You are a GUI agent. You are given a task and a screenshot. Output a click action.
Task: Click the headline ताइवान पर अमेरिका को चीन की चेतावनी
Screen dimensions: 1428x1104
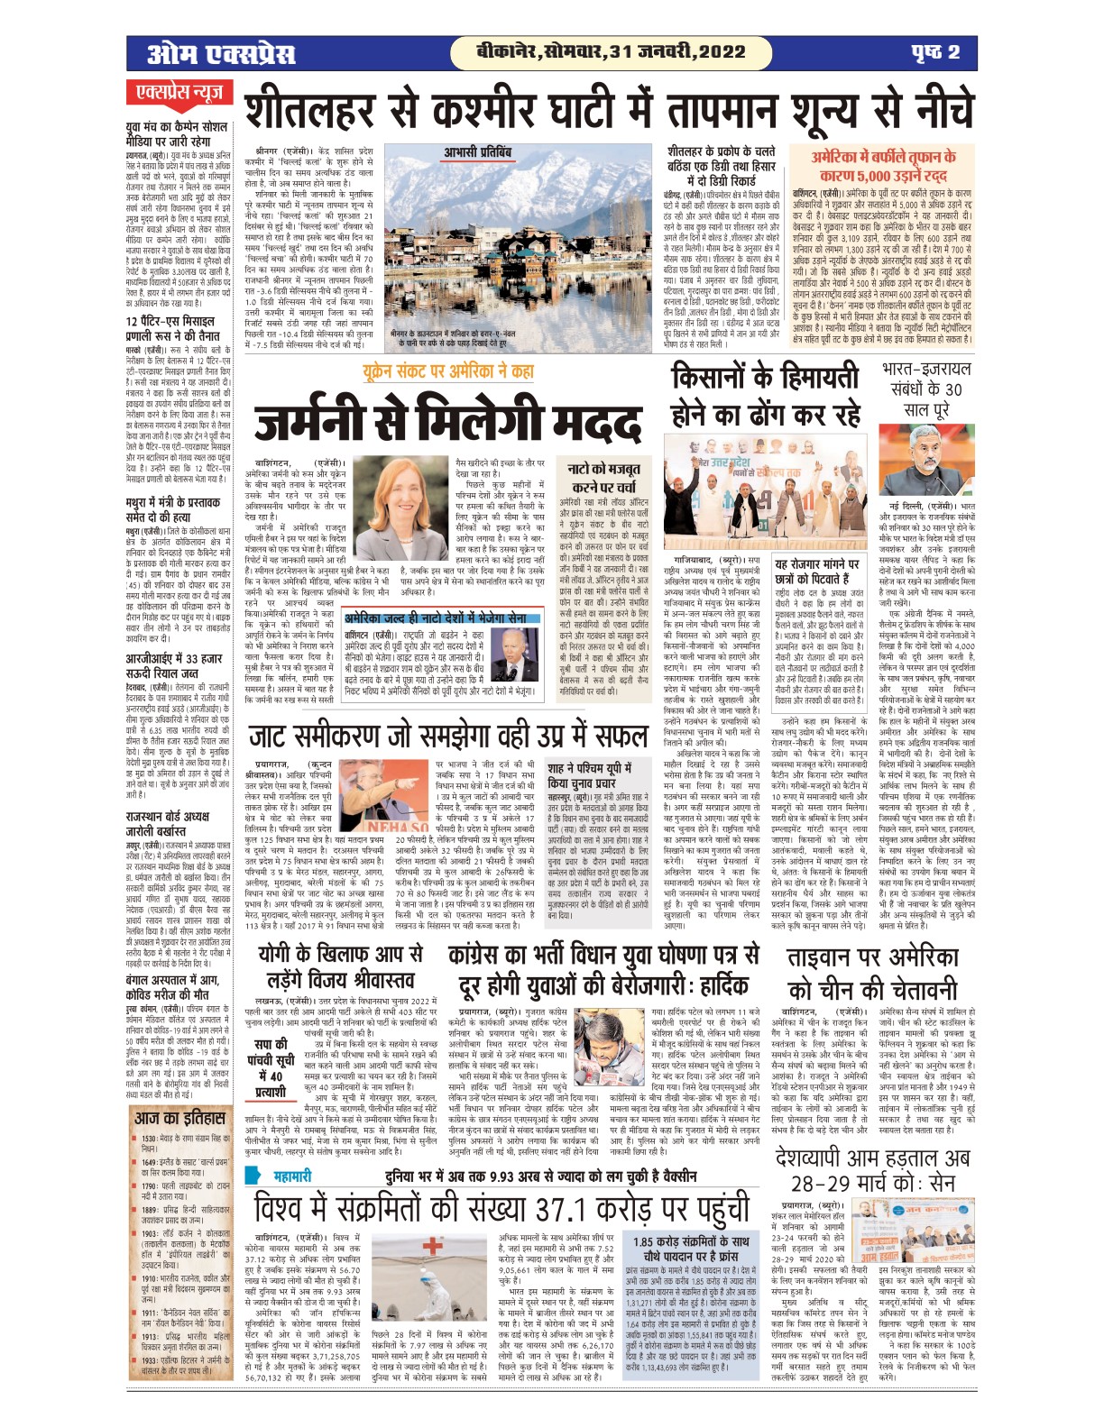click(x=873, y=973)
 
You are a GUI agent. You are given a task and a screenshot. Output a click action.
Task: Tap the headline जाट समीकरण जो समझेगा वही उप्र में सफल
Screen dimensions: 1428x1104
click(x=448, y=735)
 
